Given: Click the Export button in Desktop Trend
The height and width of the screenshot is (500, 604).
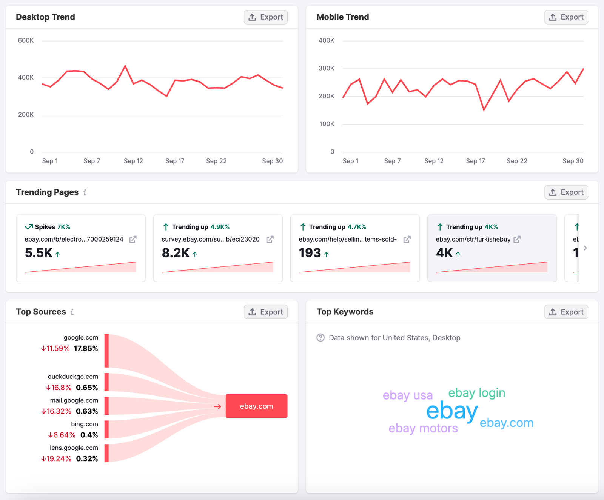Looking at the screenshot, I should click(x=265, y=17).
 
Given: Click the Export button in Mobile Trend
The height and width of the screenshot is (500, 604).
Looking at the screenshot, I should click(x=566, y=17).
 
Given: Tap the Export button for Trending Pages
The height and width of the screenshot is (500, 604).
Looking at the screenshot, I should click(x=566, y=192).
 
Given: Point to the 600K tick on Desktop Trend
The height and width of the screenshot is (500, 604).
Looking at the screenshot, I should click(x=26, y=40).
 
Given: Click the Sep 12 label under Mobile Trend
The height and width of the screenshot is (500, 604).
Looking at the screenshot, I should click(x=434, y=161).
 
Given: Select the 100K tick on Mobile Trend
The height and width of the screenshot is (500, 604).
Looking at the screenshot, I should click(x=327, y=124).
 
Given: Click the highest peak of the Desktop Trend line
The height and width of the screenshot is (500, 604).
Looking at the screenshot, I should click(x=125, y=66).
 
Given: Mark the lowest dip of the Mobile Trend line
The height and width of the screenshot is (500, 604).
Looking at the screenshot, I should click(x=484, y=110).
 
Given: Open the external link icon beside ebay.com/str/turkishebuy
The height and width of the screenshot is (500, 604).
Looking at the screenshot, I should click(x=517, y=239).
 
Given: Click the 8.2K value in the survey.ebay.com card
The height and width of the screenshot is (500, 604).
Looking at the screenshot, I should click(x=176, y=253).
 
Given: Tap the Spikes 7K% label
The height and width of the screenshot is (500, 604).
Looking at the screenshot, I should click(x=52, y=227).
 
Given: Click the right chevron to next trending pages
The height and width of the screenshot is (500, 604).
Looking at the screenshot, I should click(x=585, y=248).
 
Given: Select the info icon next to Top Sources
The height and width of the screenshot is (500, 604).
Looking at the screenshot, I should click(x=72, y=312).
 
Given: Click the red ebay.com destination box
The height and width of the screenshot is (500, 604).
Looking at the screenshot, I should click(x=256, y=406).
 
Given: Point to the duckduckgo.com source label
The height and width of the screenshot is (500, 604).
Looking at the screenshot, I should click(x=73, y=377).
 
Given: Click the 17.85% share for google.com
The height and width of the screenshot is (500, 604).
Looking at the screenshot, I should click(x=86, y=348).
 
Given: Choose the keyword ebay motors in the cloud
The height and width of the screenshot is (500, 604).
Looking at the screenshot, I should click(x=423, y=428).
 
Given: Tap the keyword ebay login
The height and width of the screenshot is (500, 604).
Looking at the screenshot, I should click(x=476, y=393).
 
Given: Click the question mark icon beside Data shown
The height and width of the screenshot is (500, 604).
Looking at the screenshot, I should click(x=320, y=338).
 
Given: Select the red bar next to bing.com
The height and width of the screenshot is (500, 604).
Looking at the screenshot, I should click(x=106, y=429).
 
